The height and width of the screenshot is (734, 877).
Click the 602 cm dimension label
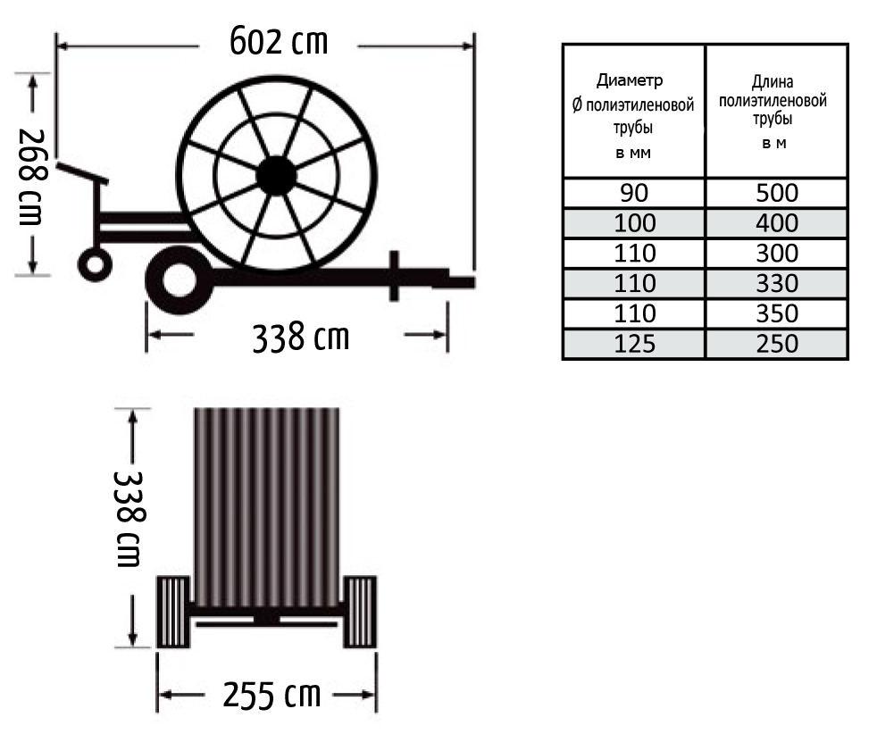[x=279, y=41]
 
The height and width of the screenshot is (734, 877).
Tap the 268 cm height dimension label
[x=32, y=177]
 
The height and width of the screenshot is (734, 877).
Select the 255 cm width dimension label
[x=271, y=695]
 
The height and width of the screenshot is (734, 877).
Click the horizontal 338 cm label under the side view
[x=301, y=338]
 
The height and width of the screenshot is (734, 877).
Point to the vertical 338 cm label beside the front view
[x=129, y=519]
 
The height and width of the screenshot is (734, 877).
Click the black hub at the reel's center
[x=276, y=176]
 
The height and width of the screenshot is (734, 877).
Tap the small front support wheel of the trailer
[x=95, y=264]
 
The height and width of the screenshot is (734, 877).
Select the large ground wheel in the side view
[x=180, y=279]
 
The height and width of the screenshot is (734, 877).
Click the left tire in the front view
[x=173, y=612]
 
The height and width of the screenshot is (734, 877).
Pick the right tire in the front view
[x=359, y=612]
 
